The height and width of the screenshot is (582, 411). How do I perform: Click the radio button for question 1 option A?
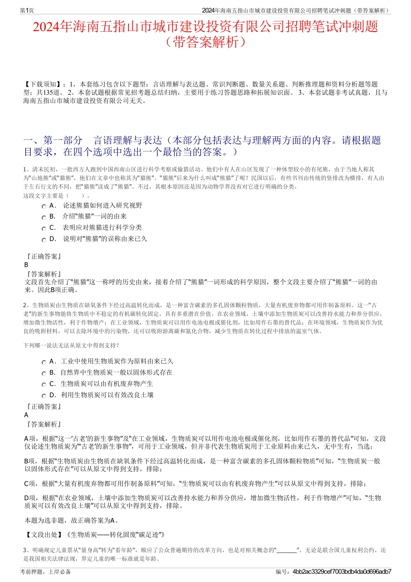[x=44, y=206]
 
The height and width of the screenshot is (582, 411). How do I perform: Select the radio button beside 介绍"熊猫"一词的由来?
[x=44, y=217]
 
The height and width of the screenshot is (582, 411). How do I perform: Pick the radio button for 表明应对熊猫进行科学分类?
[x=44, y=228]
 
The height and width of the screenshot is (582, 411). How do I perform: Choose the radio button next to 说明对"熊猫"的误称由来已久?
[x=44, y=240]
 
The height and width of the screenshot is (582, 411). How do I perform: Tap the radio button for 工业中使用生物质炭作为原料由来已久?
[x=44, y=362]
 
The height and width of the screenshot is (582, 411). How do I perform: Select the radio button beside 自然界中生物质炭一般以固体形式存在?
[x=44, y=373]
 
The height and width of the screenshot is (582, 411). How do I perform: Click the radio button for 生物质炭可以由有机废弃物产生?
[x=44, y=385]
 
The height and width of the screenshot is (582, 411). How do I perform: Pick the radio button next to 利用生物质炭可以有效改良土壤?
[x=44, y=396]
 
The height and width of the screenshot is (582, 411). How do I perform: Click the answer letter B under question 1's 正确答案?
[x=26, y=265]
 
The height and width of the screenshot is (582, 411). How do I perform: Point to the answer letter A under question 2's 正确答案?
[x=26, y=415]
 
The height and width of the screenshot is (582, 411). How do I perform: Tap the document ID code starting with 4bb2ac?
[x=342, y=572]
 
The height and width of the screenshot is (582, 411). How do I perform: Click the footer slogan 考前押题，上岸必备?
[x=45, y=572]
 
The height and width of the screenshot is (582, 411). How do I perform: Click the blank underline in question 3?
[x=286, y=550]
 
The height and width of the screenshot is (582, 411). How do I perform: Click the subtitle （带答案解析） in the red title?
[x=205, y=42]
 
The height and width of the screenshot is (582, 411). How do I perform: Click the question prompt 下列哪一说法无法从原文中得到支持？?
[x=71, y=345]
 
